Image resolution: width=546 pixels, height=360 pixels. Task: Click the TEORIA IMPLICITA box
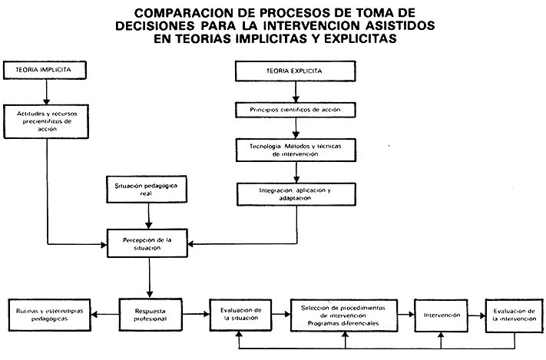click(x=47, y=70)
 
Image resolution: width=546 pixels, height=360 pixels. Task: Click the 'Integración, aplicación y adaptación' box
click(x=296, y=193)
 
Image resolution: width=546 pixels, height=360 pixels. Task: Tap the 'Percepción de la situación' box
click(x=147, y=244)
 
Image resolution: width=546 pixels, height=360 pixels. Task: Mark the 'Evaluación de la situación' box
click(x=240, y=314)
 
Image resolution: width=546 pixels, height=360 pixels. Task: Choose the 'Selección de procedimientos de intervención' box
click(x=343, y=314)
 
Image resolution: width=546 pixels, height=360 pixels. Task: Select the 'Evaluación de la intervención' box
click(x=513, y=314)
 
